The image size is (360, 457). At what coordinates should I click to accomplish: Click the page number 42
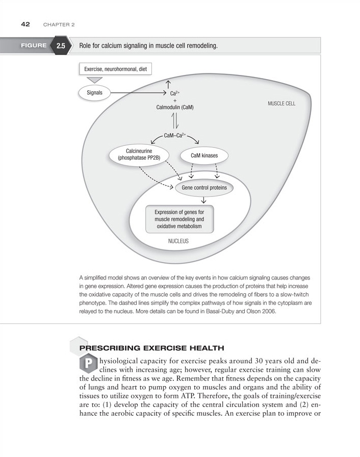point(24,24)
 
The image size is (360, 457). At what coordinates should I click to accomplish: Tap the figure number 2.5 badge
point(61,46)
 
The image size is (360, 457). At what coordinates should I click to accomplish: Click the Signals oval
point(94,92)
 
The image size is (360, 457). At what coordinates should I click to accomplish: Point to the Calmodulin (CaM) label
point(175,108)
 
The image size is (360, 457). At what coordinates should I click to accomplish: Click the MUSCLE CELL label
point(281,103)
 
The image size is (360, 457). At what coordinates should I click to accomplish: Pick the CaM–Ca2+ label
point(175,135)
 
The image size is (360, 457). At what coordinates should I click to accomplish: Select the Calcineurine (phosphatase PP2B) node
point(136,155)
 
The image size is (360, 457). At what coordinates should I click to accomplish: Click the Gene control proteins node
point(204,188)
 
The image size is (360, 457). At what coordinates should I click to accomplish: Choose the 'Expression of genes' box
point(179,219)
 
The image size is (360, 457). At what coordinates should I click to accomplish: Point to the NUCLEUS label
point(178,241)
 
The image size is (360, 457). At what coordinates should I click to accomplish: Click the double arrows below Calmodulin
point(175,120)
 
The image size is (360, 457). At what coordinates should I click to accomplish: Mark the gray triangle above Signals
point(95,80)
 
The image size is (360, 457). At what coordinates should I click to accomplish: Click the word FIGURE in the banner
point(34,46)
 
